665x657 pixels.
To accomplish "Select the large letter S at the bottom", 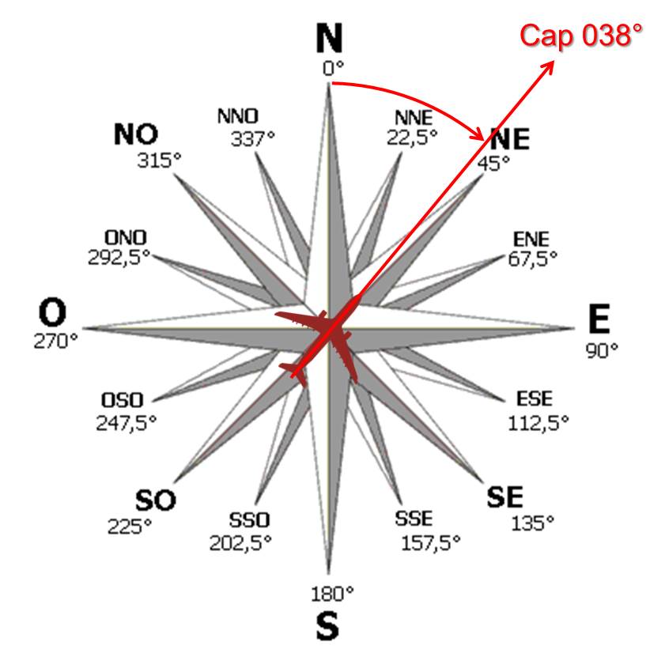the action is pos(327,626).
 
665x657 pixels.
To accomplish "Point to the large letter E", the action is pos(599,320).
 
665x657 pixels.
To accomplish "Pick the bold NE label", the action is pos(510,140).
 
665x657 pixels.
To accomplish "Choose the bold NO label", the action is pos(135,134).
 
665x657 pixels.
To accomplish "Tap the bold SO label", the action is pos(155,500).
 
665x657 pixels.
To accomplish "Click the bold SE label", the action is pos(504,497).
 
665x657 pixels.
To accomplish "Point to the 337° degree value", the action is pos(252,139).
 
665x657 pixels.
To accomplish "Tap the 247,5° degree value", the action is pos(127,422).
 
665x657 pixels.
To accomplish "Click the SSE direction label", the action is pos(414,519).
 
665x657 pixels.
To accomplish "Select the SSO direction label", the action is pos(249,520).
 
